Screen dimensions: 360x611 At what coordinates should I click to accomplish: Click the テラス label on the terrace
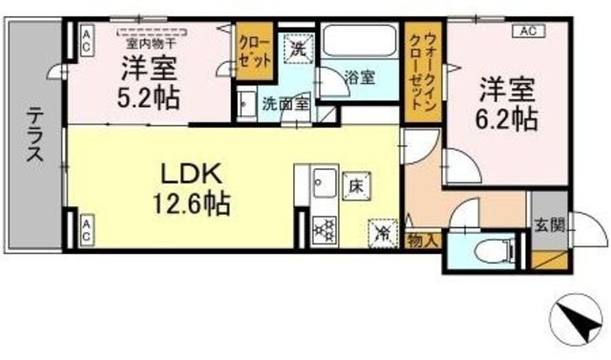click(34, 139)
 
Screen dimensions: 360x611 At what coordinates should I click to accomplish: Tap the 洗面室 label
click(284, 103)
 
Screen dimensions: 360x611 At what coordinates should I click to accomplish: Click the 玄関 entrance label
click(549, 226)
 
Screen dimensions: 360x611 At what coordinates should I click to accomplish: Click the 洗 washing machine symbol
click(298, 51)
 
